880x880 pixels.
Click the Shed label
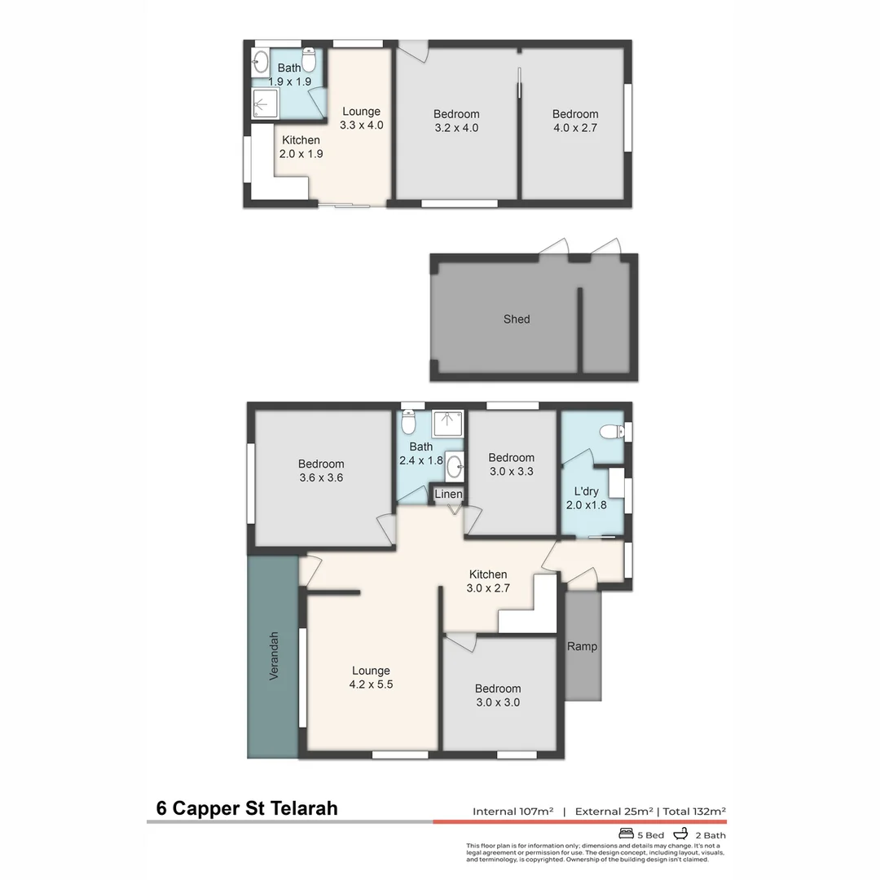pyautogui.click(x=516, y=319)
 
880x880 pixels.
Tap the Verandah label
pyautogui.click(x=274, y=657)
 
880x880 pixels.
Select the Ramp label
pyautogui.click(x=582, y=647)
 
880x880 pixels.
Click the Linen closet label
pyautogui.click(x=448, y=495)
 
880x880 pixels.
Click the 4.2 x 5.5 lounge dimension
pyautogui.click(x=371, y=684)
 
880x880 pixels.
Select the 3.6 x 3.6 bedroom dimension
pyautogui.click(x=321, y=478)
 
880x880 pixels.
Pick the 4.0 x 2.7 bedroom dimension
pyautogui.click(x=574, y=127)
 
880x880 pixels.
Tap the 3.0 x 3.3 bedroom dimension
pyautogui.click(x=511, y=471)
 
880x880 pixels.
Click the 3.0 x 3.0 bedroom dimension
pyautogui.click(x=498, y=702)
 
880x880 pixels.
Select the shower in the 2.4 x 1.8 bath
pyautogui.click(x=447, y=423)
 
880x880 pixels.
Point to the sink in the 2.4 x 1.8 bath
pyautogui.click(x=455, y=466)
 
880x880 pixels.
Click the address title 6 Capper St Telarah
pyautogui.click(x=247, y=809)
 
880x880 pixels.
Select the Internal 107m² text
pyautogui.click(x=513, y=812)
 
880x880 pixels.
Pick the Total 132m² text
pyautogui.click(x=694, y=812)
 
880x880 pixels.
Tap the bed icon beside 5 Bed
pyautogui.click(x=627, y=834)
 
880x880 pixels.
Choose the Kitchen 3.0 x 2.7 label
pyautogui.click(x=487, y=581)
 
